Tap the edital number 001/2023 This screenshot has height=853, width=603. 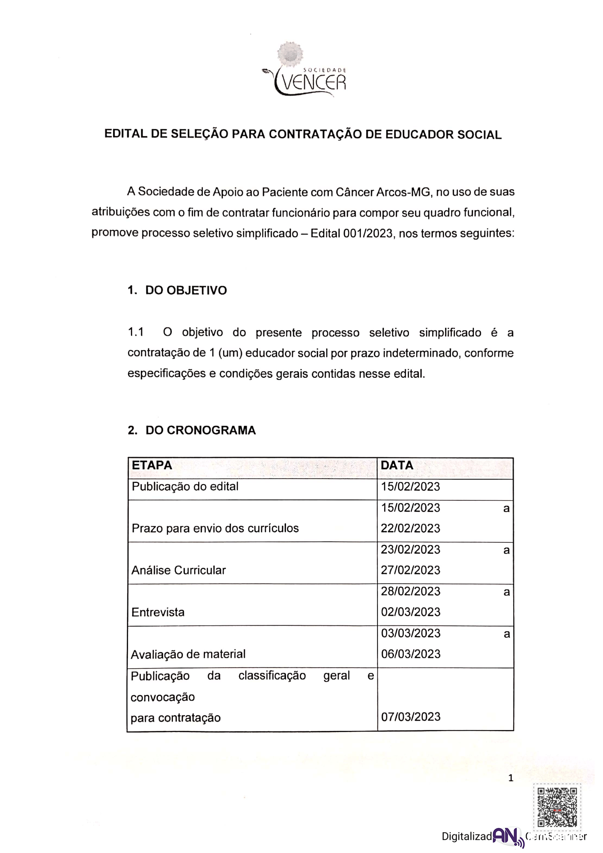367,233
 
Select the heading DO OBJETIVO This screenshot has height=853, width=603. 186,290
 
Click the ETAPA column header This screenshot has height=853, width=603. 152,465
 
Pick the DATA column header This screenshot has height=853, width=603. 397,465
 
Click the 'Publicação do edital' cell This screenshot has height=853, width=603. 185,486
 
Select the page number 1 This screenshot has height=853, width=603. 511,778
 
